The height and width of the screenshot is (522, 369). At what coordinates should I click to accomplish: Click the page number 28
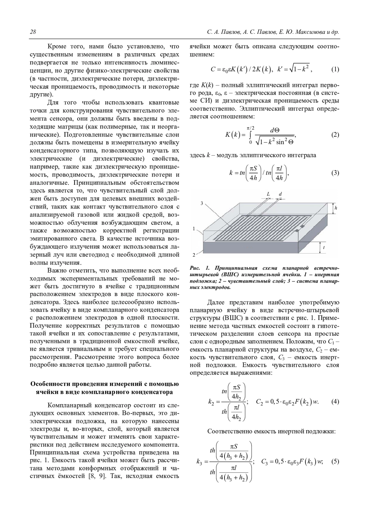33,32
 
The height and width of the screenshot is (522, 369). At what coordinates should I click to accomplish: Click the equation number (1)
335,69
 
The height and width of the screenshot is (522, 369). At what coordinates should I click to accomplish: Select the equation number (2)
335,135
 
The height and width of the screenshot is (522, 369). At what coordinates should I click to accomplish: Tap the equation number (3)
335,173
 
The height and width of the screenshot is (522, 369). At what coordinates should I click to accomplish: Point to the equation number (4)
335,401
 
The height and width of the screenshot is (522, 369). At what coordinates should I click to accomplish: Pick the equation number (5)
335,461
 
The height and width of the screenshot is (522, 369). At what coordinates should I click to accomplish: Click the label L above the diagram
268,194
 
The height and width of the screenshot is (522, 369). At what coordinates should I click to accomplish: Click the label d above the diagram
280,194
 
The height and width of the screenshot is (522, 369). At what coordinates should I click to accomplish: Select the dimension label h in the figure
336,208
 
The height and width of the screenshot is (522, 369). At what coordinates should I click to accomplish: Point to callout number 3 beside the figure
202,203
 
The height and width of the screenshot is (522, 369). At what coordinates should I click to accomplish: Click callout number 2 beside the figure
194,255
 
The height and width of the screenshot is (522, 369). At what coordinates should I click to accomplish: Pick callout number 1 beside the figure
194,228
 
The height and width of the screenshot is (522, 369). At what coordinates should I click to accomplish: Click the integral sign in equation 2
250,135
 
